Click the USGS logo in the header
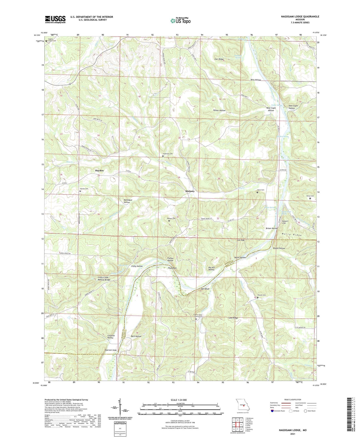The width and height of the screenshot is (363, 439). (55, 19)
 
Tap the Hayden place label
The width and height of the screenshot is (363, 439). (99, 170)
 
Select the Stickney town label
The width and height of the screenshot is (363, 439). (190, 191)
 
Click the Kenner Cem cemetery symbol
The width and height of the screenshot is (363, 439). (80, 191)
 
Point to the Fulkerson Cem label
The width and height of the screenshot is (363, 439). (168, 154)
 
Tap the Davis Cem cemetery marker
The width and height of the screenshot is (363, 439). (257, 192)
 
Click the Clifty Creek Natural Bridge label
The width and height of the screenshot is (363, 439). (104, 278)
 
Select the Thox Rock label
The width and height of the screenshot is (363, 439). (172, 268)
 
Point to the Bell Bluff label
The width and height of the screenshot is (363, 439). (205, 289)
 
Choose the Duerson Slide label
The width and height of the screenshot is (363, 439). (111, 350)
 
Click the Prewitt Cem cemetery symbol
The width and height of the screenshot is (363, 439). (257, 298)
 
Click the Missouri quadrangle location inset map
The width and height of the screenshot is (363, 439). (242, 405)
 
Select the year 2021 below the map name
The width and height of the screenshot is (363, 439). (293, 434)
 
